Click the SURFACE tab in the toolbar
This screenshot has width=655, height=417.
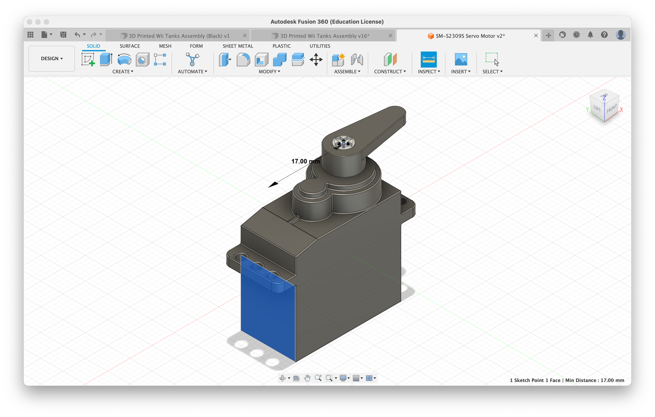[130, 46]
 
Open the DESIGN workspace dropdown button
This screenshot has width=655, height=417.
[52, 58]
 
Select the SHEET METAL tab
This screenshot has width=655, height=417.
[238, 46]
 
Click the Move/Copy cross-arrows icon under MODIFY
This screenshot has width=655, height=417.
[316, 59]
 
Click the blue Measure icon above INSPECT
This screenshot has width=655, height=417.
[428, 59]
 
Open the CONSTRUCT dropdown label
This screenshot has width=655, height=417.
[390, 72]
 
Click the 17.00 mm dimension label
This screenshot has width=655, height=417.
[305, 161]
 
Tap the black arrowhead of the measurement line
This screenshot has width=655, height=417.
[273, 184]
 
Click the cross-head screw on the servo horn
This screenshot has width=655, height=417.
[343, 143]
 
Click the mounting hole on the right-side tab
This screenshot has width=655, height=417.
[404, 202]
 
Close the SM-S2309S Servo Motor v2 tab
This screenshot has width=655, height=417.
[536, 36]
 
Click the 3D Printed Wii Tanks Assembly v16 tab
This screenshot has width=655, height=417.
[324, 36]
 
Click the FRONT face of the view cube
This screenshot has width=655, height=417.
[611, 109]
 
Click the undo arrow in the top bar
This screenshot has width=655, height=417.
[77, 35]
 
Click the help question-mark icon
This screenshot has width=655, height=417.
[604, 35]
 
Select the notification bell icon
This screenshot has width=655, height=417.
[590, 35]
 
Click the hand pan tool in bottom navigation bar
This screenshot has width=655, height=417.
[307, 378]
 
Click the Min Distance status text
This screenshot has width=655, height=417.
[594, 380]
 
